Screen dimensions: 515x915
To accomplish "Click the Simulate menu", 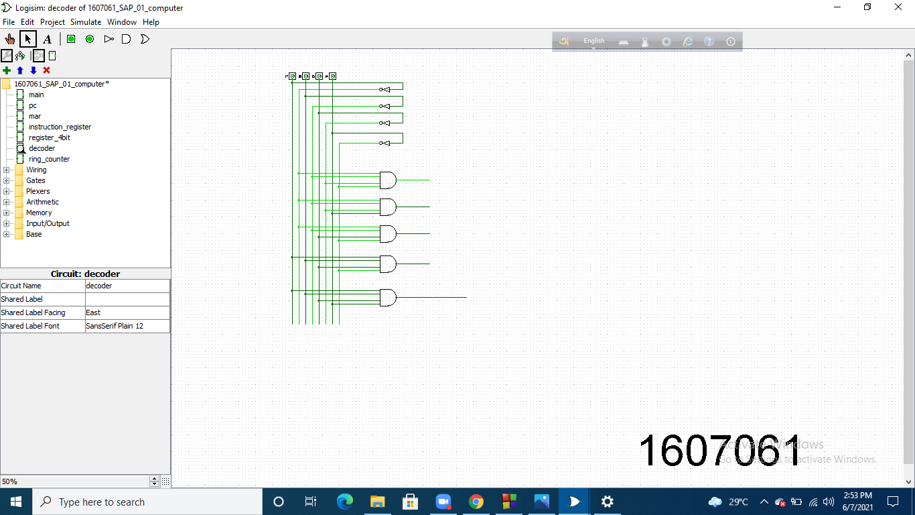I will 86,22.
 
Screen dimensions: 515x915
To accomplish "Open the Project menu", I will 52,22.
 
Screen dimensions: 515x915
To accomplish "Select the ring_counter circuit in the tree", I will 49,159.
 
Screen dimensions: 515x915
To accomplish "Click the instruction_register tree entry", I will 60,127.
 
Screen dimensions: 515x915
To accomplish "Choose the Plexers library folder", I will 38,191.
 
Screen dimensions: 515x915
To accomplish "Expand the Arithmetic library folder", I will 7,202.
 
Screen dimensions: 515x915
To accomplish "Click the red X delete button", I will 46,70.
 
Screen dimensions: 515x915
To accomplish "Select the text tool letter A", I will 47,39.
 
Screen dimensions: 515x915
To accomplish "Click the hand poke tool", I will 10,39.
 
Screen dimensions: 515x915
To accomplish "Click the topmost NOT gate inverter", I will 384,89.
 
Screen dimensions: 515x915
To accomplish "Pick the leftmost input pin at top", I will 292,76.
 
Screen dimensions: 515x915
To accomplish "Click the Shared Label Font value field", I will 127,326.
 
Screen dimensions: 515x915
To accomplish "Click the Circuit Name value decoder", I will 127,286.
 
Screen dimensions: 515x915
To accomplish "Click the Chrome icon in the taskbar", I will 476,502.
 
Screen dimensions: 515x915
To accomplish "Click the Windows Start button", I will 15,502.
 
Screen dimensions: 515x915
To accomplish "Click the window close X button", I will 898,7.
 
